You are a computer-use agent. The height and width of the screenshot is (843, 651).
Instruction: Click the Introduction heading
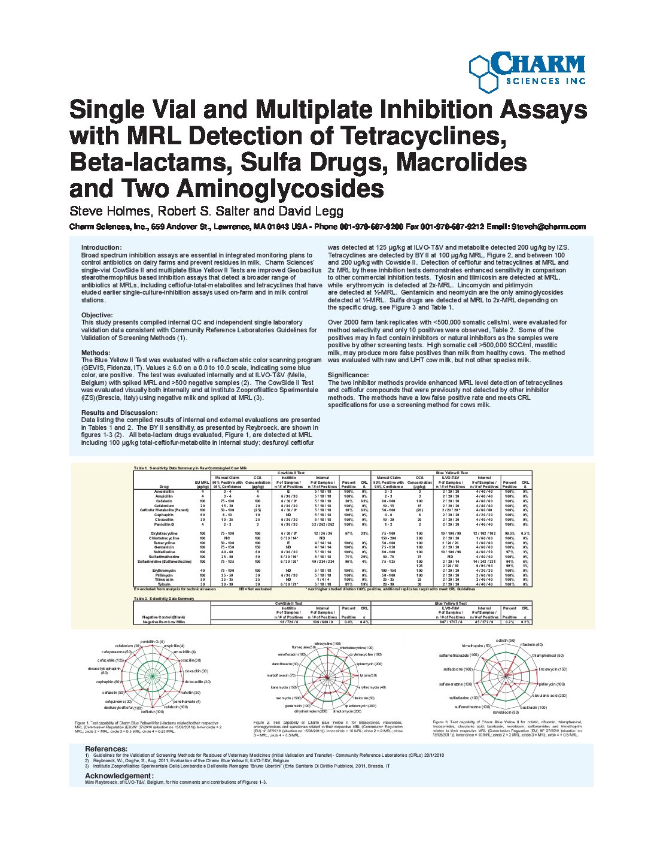(101, 247)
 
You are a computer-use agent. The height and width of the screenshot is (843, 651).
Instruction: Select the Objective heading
(96, 315)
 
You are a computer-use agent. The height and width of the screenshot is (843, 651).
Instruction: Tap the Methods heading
(95, 353)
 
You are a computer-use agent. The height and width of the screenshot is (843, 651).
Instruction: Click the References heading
(106, 748)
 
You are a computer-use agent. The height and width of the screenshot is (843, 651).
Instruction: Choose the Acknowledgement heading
(119, 775)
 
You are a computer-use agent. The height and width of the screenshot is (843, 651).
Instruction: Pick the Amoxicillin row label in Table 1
(164, 491)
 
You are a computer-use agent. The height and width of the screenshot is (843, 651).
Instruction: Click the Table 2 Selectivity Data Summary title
(164, 598)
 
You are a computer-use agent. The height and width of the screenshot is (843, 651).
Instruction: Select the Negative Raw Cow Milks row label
(163, 621)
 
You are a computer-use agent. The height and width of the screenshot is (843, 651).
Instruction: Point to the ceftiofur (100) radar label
(152, 712)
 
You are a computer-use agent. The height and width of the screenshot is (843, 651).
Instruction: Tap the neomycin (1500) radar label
(288, 698)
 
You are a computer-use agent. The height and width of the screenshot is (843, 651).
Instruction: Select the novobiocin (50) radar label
(506, 712)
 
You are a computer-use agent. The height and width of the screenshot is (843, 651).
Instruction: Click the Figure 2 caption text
(328, 727)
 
